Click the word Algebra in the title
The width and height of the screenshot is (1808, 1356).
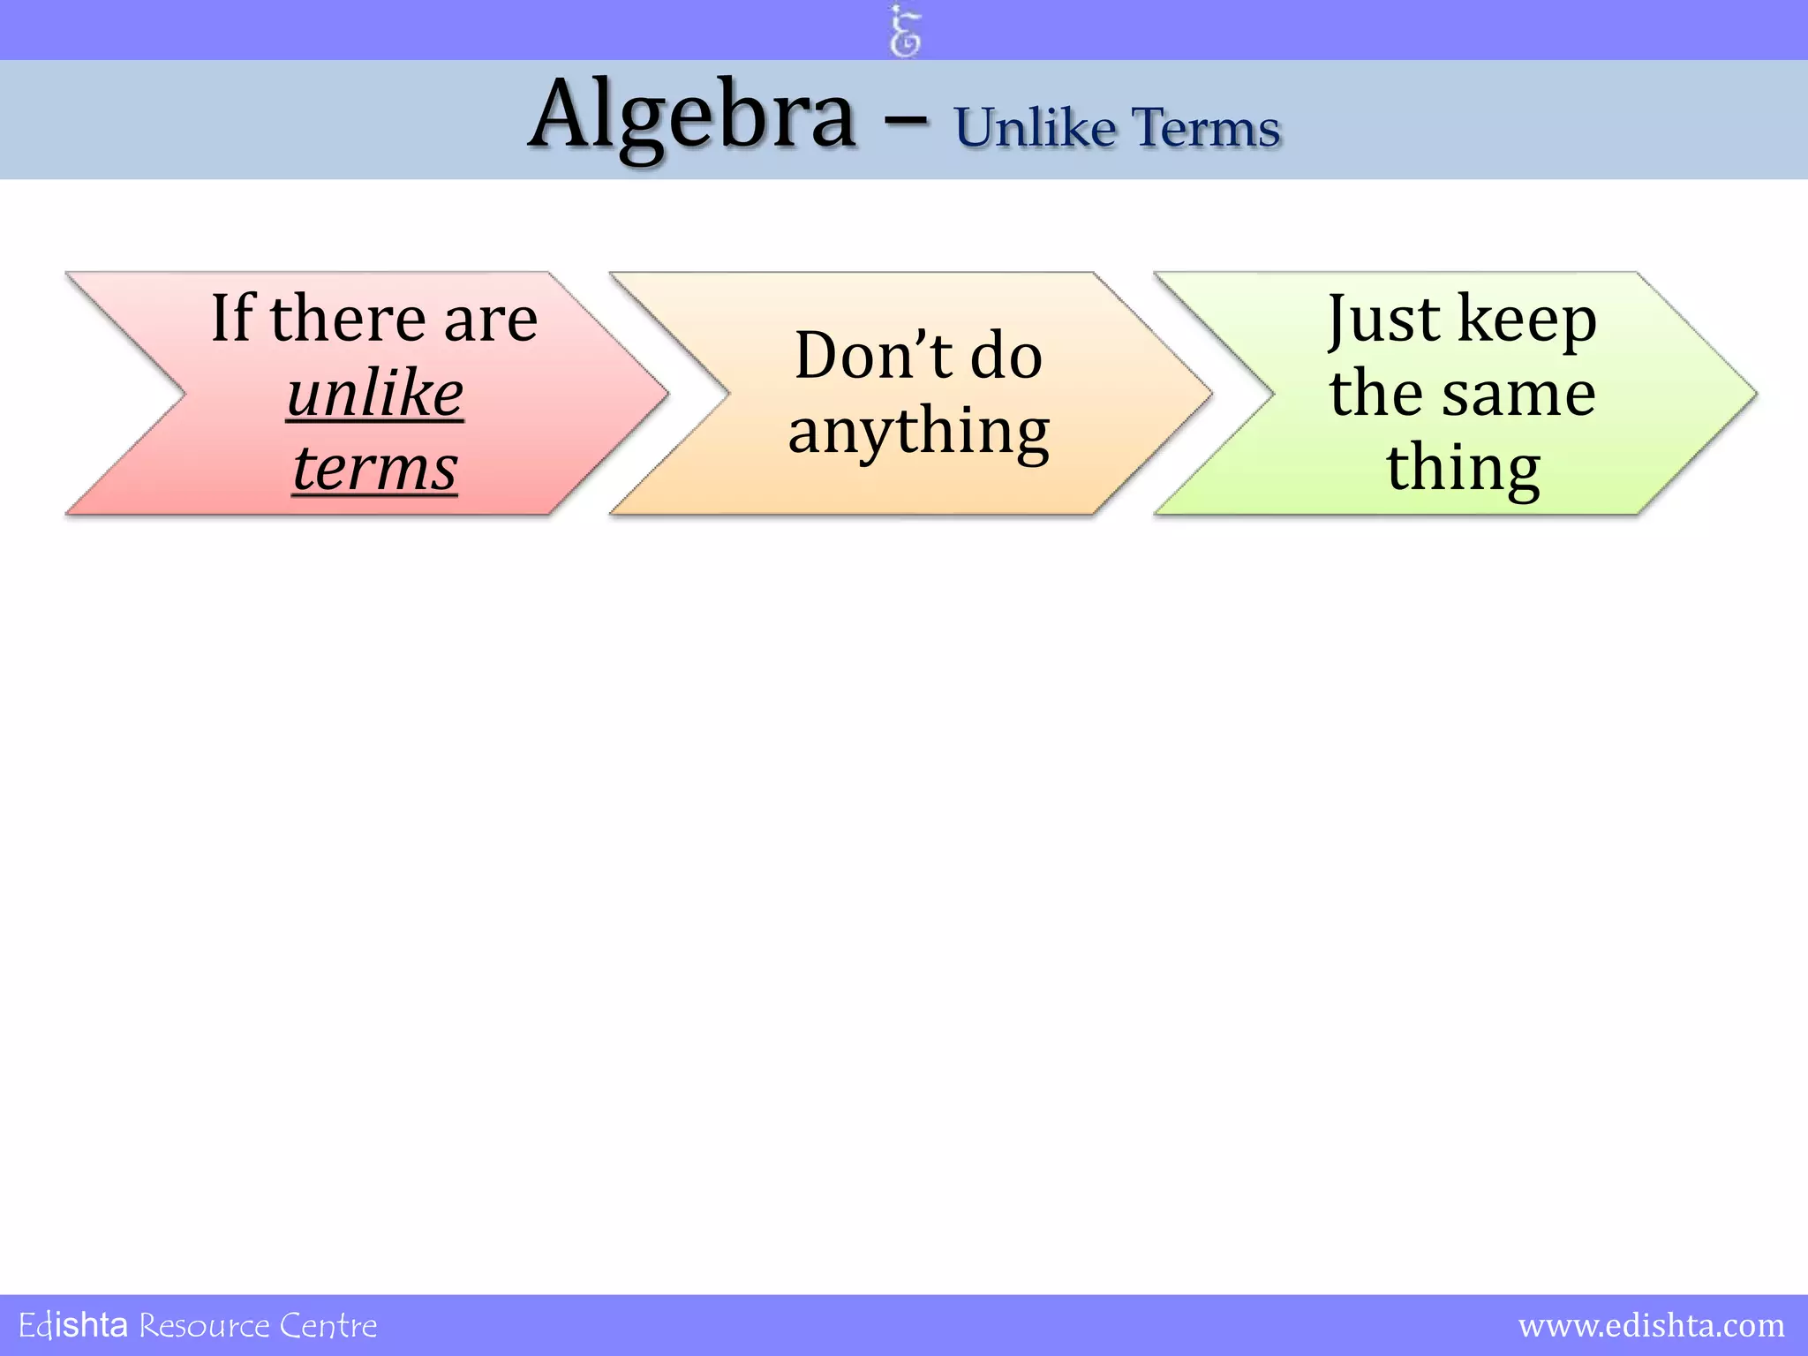692,117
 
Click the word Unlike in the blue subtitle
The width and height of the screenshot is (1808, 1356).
1035,129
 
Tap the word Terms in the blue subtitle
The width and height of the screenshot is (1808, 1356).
1206,129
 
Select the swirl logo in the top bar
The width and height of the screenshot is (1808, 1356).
905,31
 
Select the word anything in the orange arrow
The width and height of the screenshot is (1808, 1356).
919,433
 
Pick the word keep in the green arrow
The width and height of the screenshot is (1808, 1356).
1527,320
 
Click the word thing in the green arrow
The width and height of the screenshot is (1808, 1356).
1463,470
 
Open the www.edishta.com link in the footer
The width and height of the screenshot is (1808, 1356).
1651,1326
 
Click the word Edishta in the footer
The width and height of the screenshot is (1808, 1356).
73,1326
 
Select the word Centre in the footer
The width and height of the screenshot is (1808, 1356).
328,1326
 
